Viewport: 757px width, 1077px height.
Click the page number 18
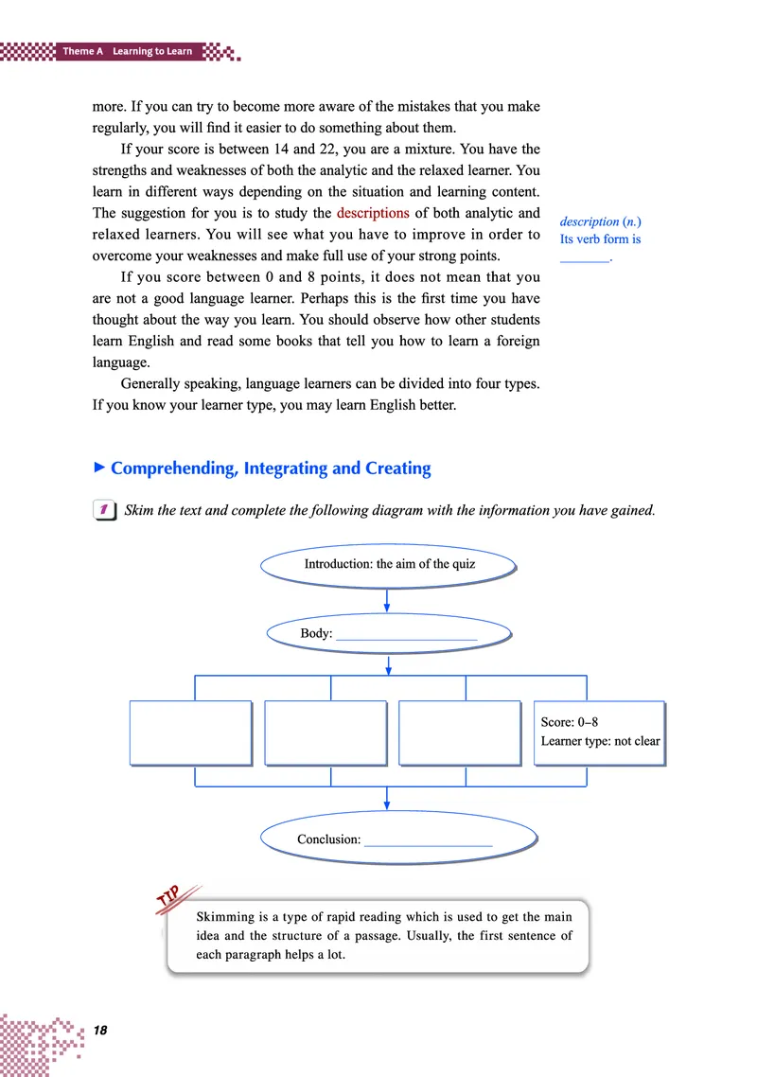click(x=99, y=1030)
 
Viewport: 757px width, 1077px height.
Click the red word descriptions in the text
click(x=373, y=213)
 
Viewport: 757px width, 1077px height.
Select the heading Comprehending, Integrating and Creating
click(x=271, y=468)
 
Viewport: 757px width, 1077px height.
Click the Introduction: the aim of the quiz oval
click(x=389, y=564)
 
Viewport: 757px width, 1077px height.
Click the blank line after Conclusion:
click(x=428, y=842)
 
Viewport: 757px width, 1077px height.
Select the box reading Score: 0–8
click(x=599, y=732)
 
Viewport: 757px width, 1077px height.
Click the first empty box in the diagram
click(x=190, y=732)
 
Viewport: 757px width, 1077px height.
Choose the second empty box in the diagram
click(x=326, y=732)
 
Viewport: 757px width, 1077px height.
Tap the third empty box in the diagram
click(x=460, y=732)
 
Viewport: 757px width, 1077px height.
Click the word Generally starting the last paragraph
click(x=155, y=386)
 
